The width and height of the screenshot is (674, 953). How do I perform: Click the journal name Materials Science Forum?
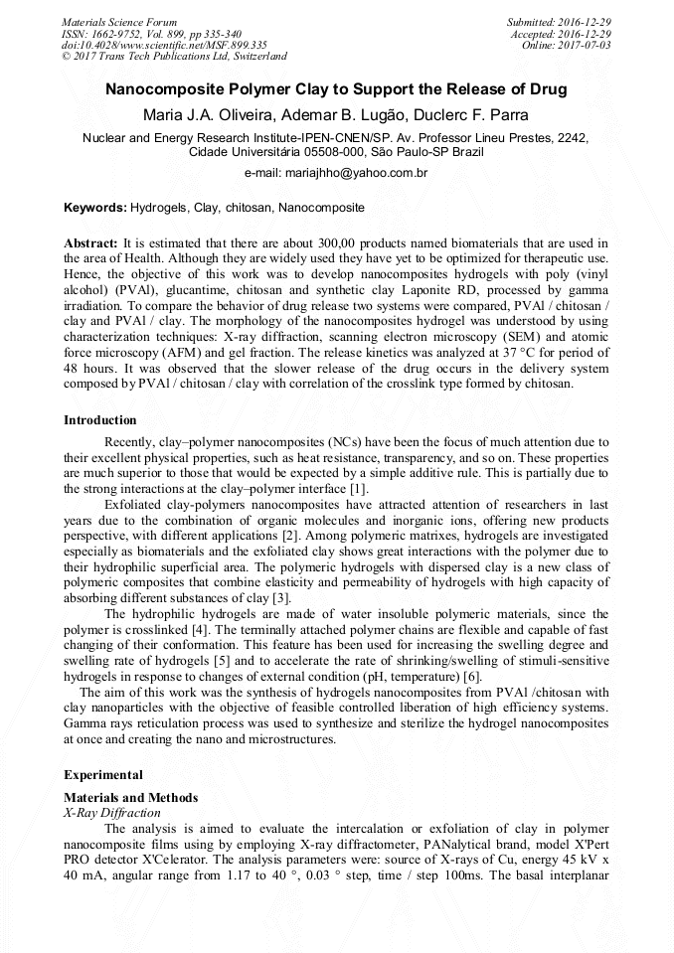(x=119, y=22)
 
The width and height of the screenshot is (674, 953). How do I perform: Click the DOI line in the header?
(x=164, y=45)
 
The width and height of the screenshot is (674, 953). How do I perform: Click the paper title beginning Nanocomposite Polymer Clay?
(x=336, y=89)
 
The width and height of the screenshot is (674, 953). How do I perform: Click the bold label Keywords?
(x=95, y=208)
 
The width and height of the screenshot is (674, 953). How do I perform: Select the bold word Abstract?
(x=90, y=243)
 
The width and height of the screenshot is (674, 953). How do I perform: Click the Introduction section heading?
(x=100, y=420)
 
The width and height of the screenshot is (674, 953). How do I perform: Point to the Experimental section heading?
(x=103, y=774)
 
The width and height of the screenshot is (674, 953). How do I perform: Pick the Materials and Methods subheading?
(x=130, y=798)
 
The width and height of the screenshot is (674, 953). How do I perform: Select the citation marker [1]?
(x=358, y=489)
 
